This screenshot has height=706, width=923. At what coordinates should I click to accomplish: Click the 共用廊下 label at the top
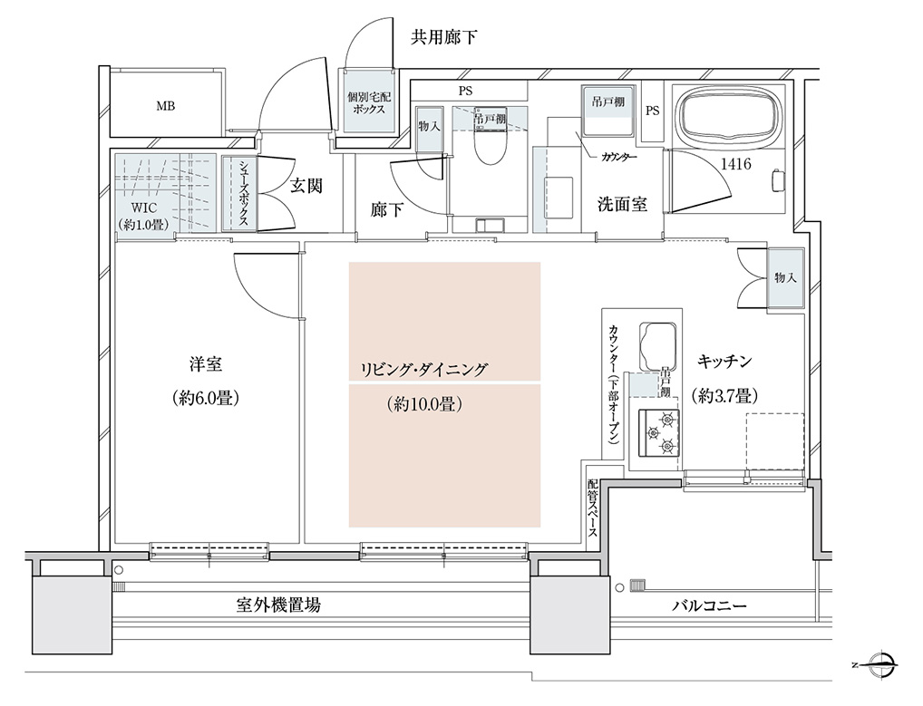tap(443, 38)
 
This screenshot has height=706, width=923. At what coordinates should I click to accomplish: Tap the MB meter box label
tap(165, 106)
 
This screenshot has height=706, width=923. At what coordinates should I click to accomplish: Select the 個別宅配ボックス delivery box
tap(369, 100)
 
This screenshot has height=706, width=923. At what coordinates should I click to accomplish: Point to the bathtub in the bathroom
tap(729, 115)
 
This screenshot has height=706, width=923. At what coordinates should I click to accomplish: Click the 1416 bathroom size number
tap(736, 163)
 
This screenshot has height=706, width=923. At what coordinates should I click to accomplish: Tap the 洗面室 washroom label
tap(622, 204)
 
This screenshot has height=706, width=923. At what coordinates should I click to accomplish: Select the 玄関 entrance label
tap(306, 186)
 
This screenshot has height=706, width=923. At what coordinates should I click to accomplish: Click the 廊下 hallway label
tap(387, 209)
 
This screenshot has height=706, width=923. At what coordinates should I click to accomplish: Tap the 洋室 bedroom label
tap(206, 364)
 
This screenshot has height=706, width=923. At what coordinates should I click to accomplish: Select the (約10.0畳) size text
tap(424, 404)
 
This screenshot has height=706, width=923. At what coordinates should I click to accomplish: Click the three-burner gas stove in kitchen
tap(659, 432)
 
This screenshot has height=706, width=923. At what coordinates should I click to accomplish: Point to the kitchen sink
tap(657, 346)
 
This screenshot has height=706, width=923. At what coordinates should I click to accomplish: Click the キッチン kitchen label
tap(724, 362)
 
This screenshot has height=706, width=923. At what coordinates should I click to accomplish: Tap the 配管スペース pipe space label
tap(592, 508)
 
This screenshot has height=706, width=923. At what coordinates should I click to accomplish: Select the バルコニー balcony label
tap(709, 605)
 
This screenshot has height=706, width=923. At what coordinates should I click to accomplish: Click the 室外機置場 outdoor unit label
tap(279, 604)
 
